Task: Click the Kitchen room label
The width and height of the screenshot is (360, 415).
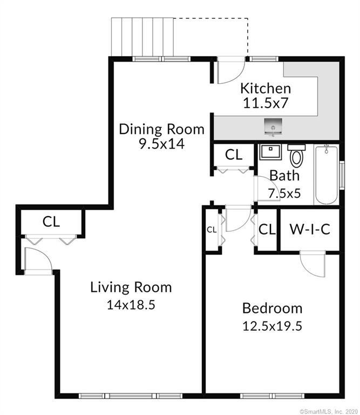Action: coord(265,88)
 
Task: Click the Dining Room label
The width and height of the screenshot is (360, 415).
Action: coord(161,129)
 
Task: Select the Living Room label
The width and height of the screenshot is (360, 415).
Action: coord(131,287)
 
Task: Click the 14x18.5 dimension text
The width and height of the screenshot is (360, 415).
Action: coord(131,304)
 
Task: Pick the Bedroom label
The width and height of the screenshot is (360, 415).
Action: coord(272,309)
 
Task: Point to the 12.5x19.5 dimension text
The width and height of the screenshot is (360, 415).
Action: coord(272,326)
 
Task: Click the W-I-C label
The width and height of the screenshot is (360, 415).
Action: coord(309,229)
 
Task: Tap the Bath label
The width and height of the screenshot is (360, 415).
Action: coord(284,176)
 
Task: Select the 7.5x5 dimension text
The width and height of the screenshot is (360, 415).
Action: coord(284,192)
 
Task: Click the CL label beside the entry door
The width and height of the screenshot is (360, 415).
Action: coord(51,221)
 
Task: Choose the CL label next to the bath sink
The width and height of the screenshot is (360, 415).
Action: coord(234,155)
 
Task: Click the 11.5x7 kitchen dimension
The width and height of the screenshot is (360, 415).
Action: coord(265,103)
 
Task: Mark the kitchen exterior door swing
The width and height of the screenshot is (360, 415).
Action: coord(229,70)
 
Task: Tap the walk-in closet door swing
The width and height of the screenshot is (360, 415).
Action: coord(312,265)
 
